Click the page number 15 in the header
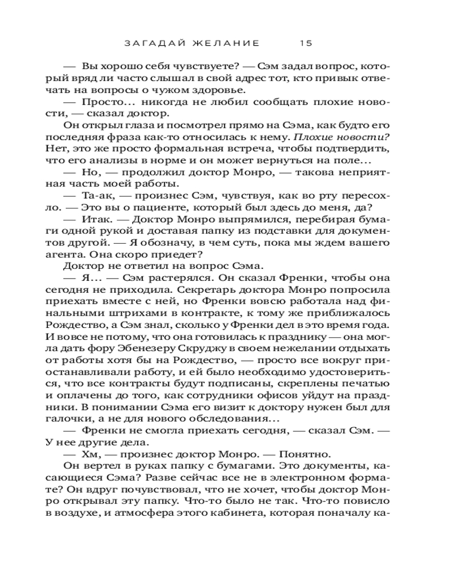tap(306, 43)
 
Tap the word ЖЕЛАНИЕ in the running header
tap(227, 43)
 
